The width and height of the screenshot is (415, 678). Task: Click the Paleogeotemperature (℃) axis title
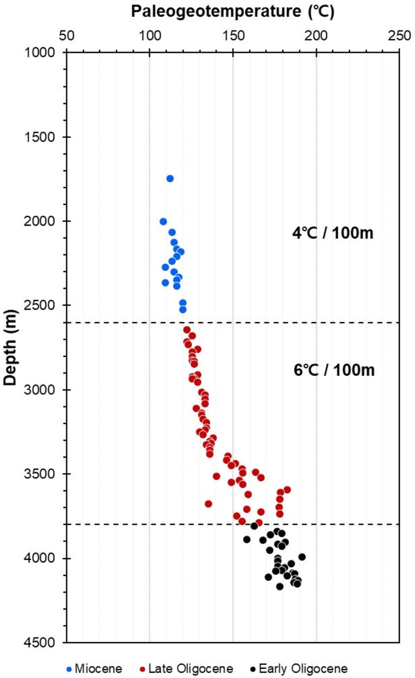(232, 12)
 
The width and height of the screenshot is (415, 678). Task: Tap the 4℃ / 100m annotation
(333, 234)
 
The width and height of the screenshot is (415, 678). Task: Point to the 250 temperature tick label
(399, 37)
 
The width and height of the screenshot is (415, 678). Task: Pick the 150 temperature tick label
(233, 37)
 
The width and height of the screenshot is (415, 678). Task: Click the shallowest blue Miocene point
(170, 178)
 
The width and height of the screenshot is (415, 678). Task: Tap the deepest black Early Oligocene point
(280, 586)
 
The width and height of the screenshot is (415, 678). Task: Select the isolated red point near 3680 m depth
(209, 503)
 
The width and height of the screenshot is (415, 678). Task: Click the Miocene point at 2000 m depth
(163, 222)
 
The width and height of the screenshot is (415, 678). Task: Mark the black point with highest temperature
(302, 557)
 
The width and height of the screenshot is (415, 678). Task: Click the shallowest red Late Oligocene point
(187, 330)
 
